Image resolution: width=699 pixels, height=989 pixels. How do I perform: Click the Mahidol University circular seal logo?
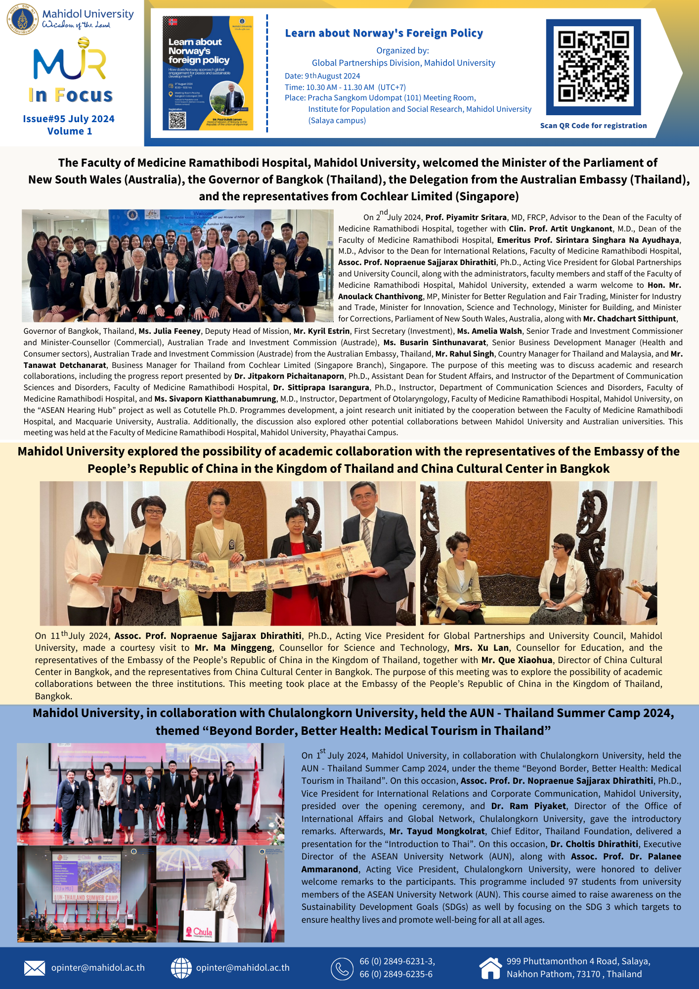coord(22,19)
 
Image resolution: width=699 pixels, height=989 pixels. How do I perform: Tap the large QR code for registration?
coord(593,66)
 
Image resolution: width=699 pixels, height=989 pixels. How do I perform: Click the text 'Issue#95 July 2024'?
coord(69,119)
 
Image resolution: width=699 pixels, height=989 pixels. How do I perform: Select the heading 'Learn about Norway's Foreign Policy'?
coord(384,33)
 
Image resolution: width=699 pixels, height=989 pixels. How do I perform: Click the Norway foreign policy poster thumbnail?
coord(208,73)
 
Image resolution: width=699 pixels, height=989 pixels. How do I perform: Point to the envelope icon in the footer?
coord(35,968)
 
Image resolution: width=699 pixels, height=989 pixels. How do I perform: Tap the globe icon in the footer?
coord(181,968)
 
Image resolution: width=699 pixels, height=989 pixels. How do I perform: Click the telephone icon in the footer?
coord(342,968)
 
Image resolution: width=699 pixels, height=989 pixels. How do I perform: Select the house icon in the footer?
coord(490,968)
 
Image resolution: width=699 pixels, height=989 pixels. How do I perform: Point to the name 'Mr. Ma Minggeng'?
coord(233,648)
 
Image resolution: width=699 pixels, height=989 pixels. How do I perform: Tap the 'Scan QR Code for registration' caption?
coord(593,126)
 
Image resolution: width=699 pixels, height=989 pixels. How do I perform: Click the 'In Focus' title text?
coord(71,95)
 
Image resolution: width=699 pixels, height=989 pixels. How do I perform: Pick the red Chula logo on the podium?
coord(203,932)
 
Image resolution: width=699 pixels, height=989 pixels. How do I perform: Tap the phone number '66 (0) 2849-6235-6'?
coord(396,974)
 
